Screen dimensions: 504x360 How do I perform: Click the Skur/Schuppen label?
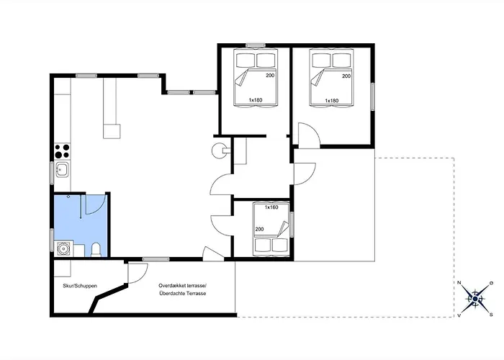click(x=80, y=286)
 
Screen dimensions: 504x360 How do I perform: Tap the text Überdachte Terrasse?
click(x=183, y=294)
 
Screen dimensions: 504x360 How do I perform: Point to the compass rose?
click(x=475, y=299)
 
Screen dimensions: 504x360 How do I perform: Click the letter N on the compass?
click(x=459, y=283)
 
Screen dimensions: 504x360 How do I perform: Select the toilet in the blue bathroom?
click(x=96, y=250)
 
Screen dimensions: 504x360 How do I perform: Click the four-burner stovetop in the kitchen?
click(x=62, y=151)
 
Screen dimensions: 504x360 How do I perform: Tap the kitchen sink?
click(x=62, y=169)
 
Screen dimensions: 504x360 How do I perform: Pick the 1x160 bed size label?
click(x=271, y=207)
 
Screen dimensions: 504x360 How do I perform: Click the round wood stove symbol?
click(x=219, y=150)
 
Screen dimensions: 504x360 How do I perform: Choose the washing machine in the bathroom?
click(x=63, y=248)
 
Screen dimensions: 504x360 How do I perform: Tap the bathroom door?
click(x=96, y=204)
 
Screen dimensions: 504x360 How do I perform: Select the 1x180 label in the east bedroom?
click(x=332, y=101)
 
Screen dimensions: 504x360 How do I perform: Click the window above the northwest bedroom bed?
click(x=256, y=45)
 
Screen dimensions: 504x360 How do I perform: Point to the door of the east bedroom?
click(x=309, y=135)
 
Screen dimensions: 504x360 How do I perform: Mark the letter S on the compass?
click(x=491, y=315)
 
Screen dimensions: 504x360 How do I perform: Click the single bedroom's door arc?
click(x=221, y=225)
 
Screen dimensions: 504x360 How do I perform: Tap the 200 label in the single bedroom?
click(x=259, y=229)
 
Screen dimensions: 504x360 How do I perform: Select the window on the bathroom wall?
click(x=52, y=240)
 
